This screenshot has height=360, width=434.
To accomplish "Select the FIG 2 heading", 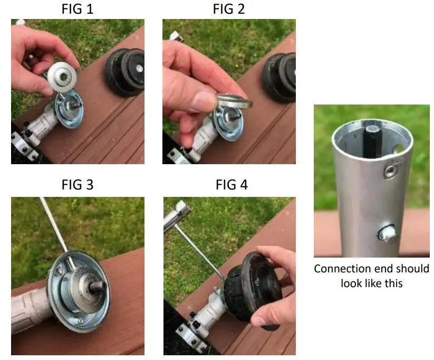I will coord(228,9).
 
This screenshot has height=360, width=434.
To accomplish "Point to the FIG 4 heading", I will coord(232,185).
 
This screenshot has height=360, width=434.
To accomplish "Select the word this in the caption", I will coord(391,283).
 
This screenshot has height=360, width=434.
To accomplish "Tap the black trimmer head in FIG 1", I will coord(126,72).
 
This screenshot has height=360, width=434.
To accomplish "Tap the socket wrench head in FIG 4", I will coord(176,214).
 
